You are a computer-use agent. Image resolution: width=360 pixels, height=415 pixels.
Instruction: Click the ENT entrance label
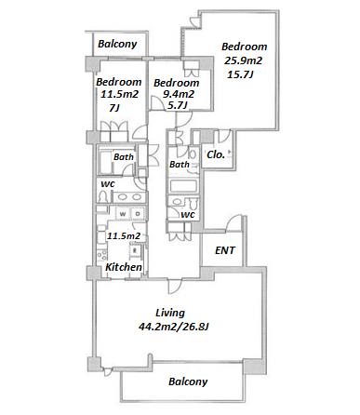[x=225, y=250]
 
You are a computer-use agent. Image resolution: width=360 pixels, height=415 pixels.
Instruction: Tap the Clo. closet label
[x=216, y=154]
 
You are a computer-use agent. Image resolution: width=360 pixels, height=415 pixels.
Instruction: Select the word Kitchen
[x=124, y=267]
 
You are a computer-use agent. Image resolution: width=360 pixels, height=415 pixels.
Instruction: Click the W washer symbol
[x=123, y=214]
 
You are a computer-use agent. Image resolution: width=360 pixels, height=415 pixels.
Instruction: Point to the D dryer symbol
[x=138, y=214]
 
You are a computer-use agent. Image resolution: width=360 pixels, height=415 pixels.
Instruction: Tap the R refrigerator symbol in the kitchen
[x=135, y=250]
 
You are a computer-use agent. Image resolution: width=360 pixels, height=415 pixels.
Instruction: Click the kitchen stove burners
[x=101, y=255]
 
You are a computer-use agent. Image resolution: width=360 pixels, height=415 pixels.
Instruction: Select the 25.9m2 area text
[x=243, y=60]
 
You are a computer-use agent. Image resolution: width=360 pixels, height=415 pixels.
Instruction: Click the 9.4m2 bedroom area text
[x=179, y=94]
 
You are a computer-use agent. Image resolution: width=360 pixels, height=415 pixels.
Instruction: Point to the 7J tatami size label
[x=114, y=108]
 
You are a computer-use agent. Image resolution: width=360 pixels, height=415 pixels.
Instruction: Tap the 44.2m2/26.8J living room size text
[x=174, y=327]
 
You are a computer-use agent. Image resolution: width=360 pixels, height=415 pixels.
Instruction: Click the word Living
[x=170, y=313]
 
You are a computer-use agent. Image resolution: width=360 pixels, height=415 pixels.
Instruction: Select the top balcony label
[x=117, y=44]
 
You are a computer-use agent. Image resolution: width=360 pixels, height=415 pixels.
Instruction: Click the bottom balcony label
[x=188, y=382]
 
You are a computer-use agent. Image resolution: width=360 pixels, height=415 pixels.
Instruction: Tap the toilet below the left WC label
[x=102, y=196]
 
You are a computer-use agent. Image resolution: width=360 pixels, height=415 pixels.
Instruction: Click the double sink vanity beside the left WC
[x=128, y=197]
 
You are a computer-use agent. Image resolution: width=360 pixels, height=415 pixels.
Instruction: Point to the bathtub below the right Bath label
[x=183, y=186]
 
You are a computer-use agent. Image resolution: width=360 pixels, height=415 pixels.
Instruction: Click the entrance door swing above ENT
[x=233, y=222]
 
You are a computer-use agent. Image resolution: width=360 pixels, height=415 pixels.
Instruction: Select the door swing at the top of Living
[x=175, y=286]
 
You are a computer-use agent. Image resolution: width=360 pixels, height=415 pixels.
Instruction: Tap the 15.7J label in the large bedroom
[x=241, y=74]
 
